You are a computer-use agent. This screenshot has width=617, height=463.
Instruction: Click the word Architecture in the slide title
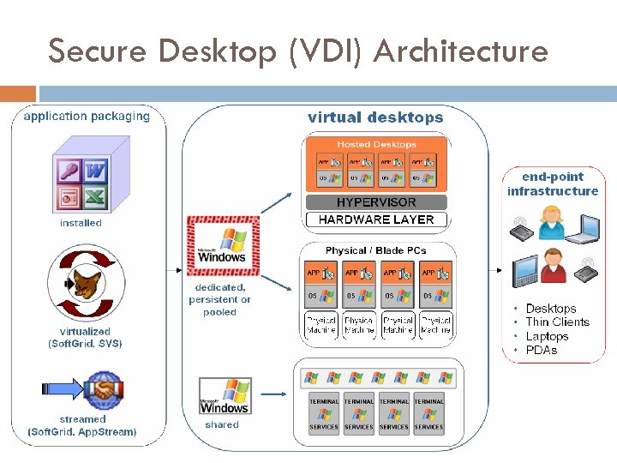coord(461,52)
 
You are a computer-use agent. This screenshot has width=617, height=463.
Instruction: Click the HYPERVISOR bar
coord(376,202)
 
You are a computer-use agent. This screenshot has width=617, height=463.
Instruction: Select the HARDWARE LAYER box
coord(376,219)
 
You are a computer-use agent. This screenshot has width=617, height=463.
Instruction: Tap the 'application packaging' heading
coord(87,117)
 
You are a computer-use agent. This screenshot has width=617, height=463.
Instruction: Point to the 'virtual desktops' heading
coord(375,117)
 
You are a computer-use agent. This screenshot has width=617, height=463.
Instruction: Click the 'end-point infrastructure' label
coord(553,183)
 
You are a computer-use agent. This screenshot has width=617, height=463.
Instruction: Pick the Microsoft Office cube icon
coord(83,182)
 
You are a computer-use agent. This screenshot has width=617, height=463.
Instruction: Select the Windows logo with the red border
coord(222,244)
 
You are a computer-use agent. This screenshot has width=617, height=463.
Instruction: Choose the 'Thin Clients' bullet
coord(557,322)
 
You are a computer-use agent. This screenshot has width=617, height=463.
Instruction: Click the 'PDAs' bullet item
coord(542,350)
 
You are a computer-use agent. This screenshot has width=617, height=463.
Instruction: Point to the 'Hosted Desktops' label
coord(376,144)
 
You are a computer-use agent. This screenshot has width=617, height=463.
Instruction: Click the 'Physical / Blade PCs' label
coord(375,250)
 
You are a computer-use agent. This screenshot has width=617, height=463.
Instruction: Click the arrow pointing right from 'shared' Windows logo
coord(273,394)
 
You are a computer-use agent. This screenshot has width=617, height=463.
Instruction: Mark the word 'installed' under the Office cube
coord(81,223)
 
